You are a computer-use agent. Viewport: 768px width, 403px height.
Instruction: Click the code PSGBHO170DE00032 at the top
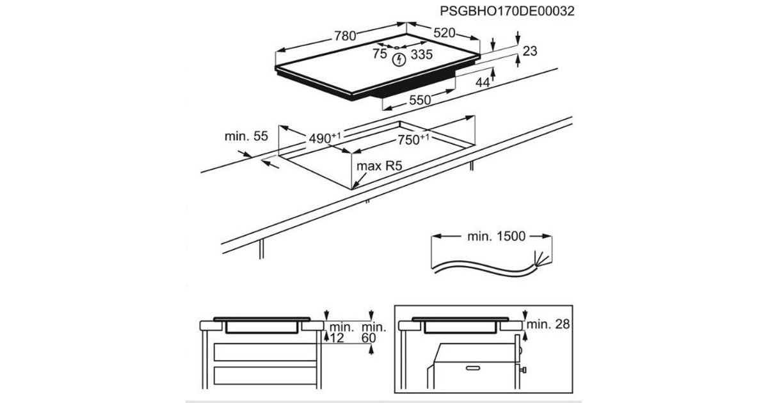[508, 12]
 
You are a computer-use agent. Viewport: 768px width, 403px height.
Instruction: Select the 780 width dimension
[344, 36]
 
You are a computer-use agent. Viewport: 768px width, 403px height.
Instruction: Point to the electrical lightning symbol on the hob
[399, 60]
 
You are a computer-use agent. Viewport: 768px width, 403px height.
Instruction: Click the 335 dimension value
[422, 55]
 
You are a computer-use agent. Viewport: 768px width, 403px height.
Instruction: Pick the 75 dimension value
[380, 55]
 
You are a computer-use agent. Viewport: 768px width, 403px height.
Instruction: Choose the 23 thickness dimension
[529, 51]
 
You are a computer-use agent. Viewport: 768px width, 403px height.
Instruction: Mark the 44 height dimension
[483, 82]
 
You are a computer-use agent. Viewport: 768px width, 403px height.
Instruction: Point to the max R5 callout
[379, 166]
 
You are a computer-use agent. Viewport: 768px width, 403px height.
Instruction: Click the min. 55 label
[246, 136]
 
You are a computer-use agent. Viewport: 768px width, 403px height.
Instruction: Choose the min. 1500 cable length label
[495, 237]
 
